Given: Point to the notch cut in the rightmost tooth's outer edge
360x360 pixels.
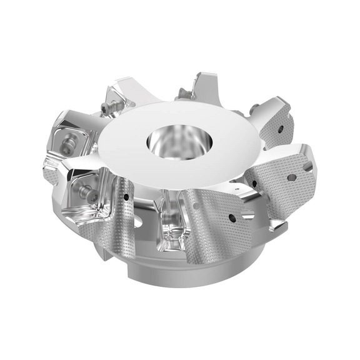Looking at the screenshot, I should (x=307, y=166).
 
